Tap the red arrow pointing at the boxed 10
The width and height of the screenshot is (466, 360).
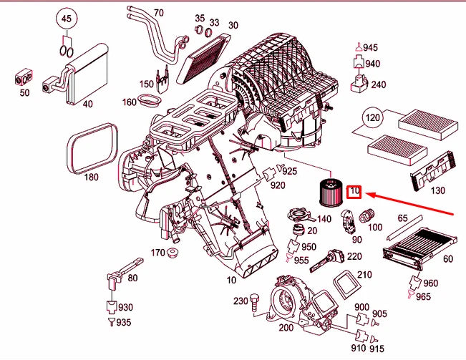coord(415,203)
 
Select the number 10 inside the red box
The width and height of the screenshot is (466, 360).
coord(355,191)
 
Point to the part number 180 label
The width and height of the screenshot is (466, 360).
coord(91,177)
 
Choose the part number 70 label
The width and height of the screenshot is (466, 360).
coord(158,13)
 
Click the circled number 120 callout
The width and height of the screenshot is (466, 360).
coord(372,117)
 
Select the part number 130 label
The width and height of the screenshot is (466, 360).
coord(438,190)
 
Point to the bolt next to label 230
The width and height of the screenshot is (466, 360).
coord(253,302)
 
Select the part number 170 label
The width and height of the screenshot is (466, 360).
coord(157,253)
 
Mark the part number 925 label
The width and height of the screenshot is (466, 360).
coord(289,172)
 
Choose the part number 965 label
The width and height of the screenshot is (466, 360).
coord(424,296)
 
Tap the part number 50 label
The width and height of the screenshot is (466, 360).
coord(24,93)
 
